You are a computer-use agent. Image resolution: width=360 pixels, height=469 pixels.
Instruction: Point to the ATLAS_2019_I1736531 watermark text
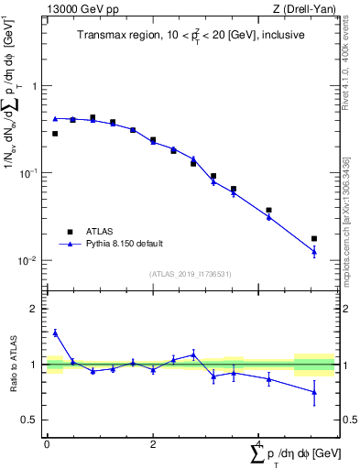coord(190,274)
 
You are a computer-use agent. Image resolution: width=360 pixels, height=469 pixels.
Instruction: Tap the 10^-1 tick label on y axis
coord(31,172)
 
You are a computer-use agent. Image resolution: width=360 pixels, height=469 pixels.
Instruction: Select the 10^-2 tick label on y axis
coord(31,260)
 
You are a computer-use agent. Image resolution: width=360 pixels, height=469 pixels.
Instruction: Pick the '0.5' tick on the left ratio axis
coord(32,420)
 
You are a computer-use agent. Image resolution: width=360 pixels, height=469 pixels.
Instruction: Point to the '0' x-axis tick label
coord(47,444)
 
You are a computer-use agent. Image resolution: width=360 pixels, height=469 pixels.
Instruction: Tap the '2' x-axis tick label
coord(152,444)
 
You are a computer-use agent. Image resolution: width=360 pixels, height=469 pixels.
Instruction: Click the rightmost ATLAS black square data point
coord(314,238)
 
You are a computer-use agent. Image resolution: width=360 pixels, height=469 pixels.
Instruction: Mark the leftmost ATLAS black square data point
coord(55,134)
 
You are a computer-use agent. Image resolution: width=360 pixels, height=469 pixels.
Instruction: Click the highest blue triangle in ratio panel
coord(55,333)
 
